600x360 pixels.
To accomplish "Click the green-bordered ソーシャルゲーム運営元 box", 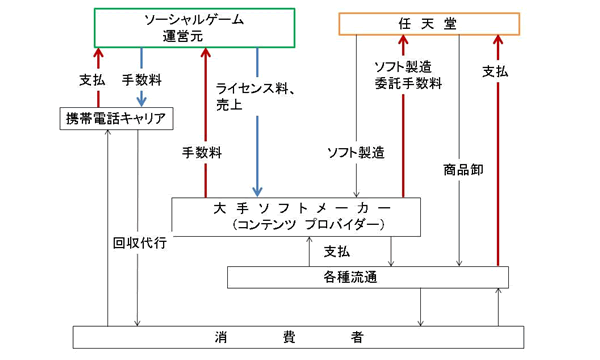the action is pos(194,28).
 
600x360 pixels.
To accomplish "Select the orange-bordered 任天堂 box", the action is pos(429,24).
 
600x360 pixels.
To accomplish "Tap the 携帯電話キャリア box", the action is pos(116,119).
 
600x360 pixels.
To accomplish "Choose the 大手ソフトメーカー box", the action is pos(296,217).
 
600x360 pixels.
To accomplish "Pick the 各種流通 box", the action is pos(368,277).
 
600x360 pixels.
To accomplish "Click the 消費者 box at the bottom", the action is pos(298,337).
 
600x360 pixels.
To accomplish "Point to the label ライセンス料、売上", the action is pos(255,96).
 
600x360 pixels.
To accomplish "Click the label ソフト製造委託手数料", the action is pos(408,75).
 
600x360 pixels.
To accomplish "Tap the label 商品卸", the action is pos(463,169).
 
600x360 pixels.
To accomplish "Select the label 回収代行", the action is pos(140,243).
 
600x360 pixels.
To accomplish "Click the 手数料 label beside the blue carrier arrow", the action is pos(142,80).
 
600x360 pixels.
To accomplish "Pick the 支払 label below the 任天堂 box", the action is pos(495,71).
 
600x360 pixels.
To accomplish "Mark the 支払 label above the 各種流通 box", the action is pos(337,252).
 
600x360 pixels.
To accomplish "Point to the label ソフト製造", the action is pos(356,153).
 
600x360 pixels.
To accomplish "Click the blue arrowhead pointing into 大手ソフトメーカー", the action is pos(257,191).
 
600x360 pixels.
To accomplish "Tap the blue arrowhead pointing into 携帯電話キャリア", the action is pos(142,102).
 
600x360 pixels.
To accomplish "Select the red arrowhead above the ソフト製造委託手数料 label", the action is pos(403,40).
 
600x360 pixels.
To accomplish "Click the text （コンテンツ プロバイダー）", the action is pos(307,225).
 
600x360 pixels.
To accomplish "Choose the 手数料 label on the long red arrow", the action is pos(202,153).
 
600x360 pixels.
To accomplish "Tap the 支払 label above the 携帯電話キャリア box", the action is pos(92,80).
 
